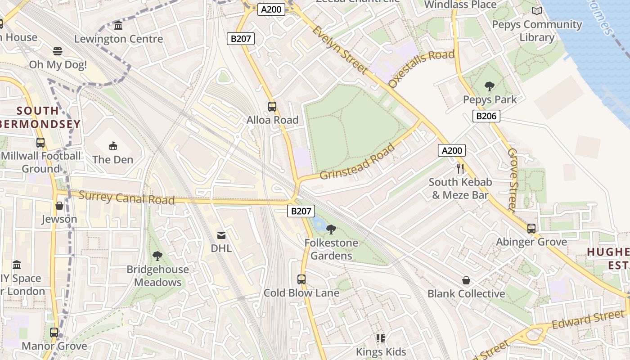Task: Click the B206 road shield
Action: coord(486,116)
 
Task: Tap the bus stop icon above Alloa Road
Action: coord(272,107)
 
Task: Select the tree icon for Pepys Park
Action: coord(490,86)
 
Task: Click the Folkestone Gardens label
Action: coord(331,249)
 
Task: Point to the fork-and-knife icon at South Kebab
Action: coord(460,169)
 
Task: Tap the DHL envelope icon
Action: coord(221,235)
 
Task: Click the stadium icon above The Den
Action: coord(113,146)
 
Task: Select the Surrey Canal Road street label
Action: coord(126,198)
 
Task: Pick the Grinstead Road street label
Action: coord(357,161)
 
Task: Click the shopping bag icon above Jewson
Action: coord(59,206)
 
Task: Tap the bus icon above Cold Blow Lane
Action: coord(301,279)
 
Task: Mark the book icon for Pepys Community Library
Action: coord(536,11)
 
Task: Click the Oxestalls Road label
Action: coord(421,68)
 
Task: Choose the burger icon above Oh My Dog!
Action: coord(58,51)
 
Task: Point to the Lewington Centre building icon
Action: coord(118,26)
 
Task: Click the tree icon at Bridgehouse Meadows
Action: coord(157,256)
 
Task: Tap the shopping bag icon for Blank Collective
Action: coord(466,281)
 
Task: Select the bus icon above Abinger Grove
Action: coord(531,229)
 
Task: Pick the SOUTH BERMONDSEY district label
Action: coord(38,117)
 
